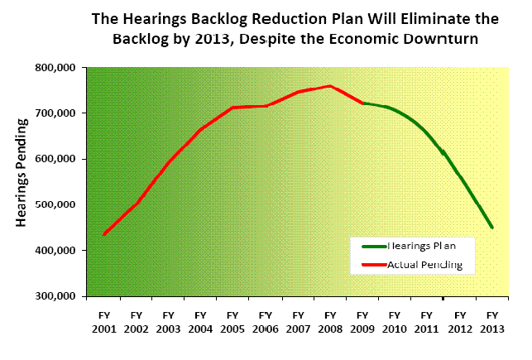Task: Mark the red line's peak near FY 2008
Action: pyautogui.click(x=330, y=85)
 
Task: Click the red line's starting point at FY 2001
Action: pyautogui.click(x=103, y=235)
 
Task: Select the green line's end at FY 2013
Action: pyautogui.click(x=492, y=228)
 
